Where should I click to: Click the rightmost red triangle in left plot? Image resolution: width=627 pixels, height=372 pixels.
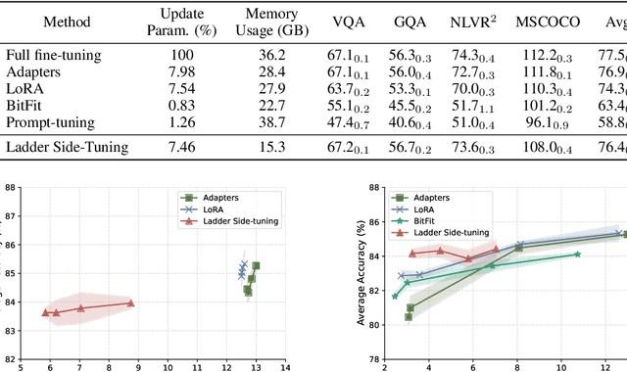coord(130,302)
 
